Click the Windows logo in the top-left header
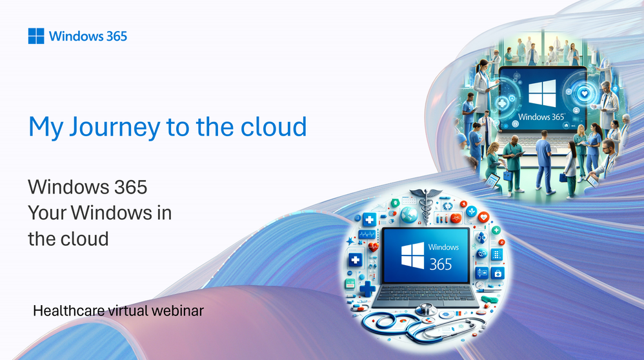(36, 36)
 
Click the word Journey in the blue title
(115, 127)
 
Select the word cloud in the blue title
(274, 126)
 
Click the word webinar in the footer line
(177, 311)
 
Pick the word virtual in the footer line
(128, 311)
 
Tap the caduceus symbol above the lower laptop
(425, 205)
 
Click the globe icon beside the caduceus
(408, 215)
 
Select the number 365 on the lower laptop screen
(440, 265)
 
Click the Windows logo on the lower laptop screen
(412, 255)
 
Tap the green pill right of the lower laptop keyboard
(490, 299)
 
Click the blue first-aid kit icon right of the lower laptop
(498, 273)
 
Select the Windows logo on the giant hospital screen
(542, 94)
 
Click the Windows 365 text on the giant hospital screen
(541, 117)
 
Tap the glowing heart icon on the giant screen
(585, 94)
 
